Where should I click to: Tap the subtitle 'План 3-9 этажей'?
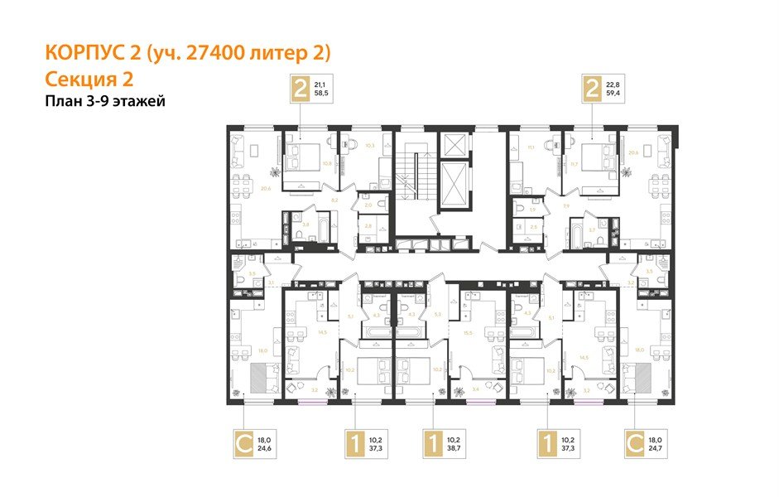click(105, 101)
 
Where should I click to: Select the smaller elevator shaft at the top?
click(455, 144)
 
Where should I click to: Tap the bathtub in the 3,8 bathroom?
click(291, 224)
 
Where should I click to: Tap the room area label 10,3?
click(348, 145)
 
